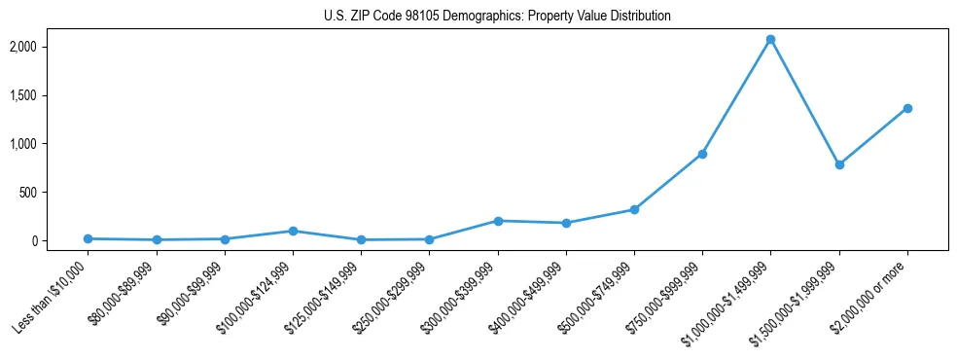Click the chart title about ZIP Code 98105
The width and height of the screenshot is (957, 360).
[497, 17]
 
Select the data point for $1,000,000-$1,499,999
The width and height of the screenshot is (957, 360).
[770, 40]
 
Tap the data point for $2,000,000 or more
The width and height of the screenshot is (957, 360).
[907, 108]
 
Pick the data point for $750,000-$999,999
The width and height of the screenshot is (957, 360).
[702, 154]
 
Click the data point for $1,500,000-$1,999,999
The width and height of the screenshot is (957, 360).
[839, 164]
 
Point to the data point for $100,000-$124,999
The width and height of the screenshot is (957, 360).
[293, 231]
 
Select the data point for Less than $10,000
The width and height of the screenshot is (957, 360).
[89, 238]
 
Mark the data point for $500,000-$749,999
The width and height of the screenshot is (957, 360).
[634, 209]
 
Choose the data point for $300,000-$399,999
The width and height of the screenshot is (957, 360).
[498, 221]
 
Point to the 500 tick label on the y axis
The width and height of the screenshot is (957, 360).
[56, 193]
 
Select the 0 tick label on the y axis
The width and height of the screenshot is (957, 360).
[62, 241]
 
